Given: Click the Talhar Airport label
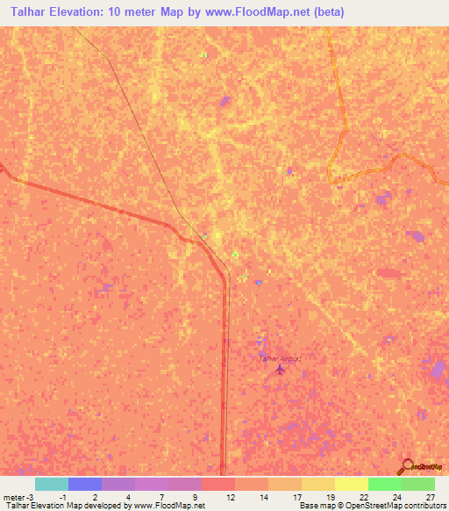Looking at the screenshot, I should pos(279,358).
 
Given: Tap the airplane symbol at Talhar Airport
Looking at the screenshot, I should pos(280,369).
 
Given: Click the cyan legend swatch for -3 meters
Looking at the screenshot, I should pos(51,484).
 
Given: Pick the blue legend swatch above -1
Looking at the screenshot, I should pos(85,484).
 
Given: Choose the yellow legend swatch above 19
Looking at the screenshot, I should pos(352,484).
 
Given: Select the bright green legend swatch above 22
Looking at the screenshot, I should pos(385,484).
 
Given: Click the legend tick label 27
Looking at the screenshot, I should pos(430,496).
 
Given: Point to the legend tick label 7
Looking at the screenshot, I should pos(162,496).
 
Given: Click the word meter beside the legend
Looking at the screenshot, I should pos(13,496).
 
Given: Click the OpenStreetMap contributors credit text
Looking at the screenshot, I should pos(376,506).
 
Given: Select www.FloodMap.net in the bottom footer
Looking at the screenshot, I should pos(175,506).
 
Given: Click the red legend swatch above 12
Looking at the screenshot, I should pos(218,484).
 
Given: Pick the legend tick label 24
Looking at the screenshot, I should pos(396,496).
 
